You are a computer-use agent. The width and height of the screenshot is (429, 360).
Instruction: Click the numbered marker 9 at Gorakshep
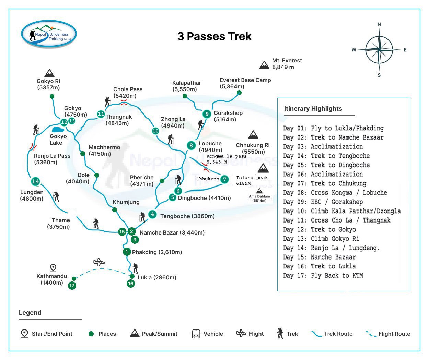pyautogui.click(x=207, y=114)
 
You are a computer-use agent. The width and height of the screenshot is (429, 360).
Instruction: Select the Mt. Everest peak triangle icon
pyautogui.click(x=264, y=65)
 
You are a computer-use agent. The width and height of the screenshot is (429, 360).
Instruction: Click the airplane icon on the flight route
pyautogui.click(x=99, y=263)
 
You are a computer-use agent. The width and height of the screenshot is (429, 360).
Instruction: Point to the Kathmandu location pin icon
pyautogui.click(x=53, y=268)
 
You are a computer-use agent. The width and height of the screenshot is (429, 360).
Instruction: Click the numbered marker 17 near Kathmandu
pyautogui.click(x=72, y=285)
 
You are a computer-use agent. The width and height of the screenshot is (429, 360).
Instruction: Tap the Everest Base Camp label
pyautogui.click(x=245, y=83)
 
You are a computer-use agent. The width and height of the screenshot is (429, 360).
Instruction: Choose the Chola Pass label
pyautogui.click(x=128, y=93)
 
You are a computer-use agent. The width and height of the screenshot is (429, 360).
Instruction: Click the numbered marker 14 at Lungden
pyautogui.click(x=35, y=181)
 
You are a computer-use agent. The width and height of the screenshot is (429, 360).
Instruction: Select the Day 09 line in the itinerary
pyautogui.click(x=323, y=202)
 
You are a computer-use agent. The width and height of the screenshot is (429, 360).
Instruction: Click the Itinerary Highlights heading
pyautogui.click(x=313, y=109)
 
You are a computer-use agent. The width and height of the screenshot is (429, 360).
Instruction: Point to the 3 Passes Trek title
pyautogui.click(x=214, y=36)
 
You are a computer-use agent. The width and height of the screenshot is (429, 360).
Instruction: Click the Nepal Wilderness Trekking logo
pyautogui.click(x=49, y=34)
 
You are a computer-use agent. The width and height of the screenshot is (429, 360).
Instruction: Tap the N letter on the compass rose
pyautogui.click(x=379, y=24)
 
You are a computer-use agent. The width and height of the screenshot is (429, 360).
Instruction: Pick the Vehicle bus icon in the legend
pyautogui.click(x=196, y=334)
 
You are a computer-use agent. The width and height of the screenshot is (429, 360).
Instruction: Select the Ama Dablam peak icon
pyautogui.click(x=259, y=191)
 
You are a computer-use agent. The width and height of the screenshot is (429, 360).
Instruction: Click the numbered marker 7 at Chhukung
pyautogui.click(x=224, y=179)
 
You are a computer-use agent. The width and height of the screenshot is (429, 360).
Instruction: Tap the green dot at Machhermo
pyautogui.click(x=83, y=153)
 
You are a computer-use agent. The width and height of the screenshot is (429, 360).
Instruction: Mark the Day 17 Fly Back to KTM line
pyautogui.click(x=323, y=276)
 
